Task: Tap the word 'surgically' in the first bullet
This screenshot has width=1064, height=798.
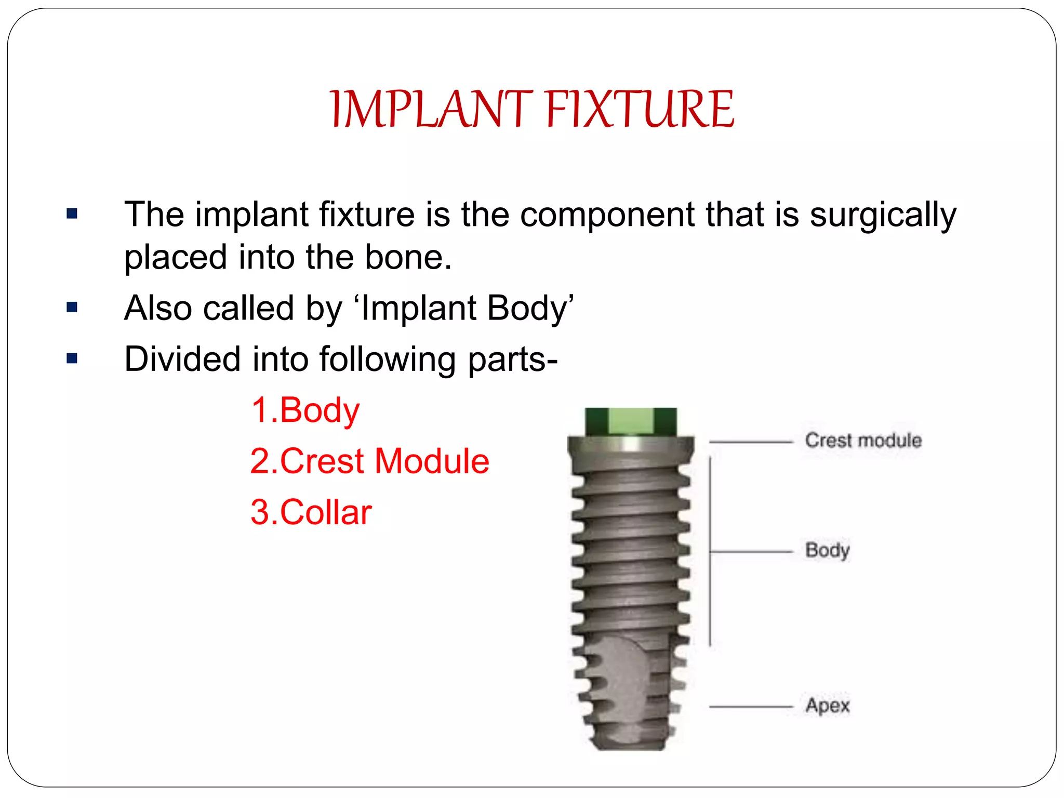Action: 883,215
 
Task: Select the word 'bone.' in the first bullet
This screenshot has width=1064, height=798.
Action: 408,257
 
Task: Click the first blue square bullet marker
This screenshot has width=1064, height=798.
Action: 72,214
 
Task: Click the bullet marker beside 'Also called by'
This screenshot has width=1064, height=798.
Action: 72,308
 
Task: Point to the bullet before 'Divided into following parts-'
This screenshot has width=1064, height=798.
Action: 72,358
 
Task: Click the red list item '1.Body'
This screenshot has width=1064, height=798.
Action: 305,410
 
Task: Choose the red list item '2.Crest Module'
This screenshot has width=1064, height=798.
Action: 369,461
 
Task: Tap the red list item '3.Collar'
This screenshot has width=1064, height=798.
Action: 311,512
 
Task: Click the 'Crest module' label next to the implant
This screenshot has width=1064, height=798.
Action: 863,441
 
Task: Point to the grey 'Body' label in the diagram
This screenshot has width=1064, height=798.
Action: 827,550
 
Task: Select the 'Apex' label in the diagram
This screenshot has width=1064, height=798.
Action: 828,706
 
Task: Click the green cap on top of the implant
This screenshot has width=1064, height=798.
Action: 631,421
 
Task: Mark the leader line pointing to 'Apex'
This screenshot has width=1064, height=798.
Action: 750,707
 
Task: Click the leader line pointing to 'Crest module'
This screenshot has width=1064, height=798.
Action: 750,442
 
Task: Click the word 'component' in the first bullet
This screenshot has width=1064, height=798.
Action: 607,215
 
